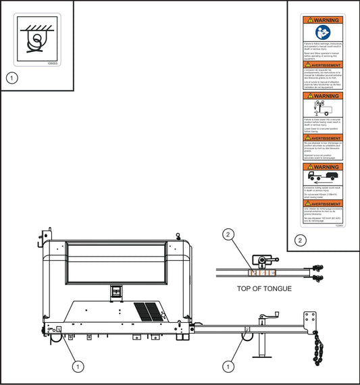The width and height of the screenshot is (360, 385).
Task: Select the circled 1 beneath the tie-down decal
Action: pyautogui.click(x=11, y=78)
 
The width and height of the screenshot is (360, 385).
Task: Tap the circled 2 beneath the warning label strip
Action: pyautogui.click(x=301, y=240)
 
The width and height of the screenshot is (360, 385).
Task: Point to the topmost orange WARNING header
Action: pyautogui.click(x=323, y=20)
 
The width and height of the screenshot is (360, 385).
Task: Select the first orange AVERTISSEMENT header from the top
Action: pyautogui.click(x=323, y=64)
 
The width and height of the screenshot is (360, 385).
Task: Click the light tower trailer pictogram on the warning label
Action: pyautogui.click(x=323, y=108)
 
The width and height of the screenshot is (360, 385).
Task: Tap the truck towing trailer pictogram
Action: pyautogui.click(x=323, y=177)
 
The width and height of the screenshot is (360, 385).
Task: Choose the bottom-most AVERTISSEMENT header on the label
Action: pyautogui.click(x=323, y=203)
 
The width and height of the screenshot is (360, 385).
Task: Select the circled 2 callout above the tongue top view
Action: pyautogui.click(x=229, y=235)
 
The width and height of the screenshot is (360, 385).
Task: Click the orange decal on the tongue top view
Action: pyautogui.click(x=264, y=273)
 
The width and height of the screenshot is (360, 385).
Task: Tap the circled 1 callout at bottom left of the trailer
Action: pyautogui.click(x=78, y=365)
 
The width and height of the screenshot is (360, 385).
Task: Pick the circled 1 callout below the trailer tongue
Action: pyautogui.click(x=229, y=365)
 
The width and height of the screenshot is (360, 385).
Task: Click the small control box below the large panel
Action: pyautogui.click(x=115, y=291)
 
